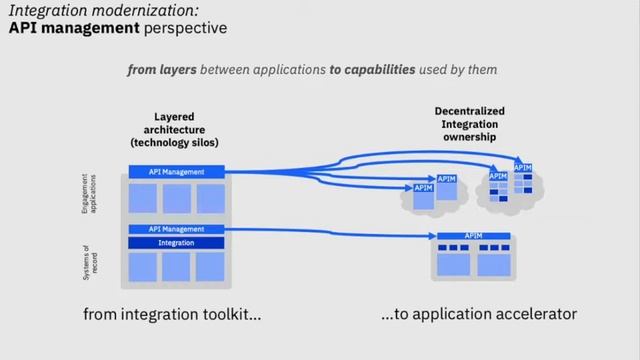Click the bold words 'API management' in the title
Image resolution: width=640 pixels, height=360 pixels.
pyautogui.click(x=70, y=28)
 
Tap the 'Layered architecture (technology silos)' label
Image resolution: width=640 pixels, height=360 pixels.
pyautogui.click(x=174, y=129)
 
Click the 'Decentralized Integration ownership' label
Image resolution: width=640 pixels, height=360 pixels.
pyautogui.click(x=469, y=123)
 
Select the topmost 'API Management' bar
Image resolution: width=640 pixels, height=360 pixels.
pyautogui.click(x=176, y=172)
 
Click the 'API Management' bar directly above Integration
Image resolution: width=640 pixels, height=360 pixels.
pyautogui.click(x=176, y=229)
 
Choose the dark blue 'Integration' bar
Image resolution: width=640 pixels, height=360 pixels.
pyautogui.click(x=176, y=242)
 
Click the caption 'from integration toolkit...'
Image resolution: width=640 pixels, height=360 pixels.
pyautogui.click(x=172, y=314)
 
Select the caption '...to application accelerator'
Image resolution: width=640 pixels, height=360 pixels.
pyautogui.click(x=479, y=314)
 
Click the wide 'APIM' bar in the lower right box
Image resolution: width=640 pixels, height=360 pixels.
pyautogui.click(x=473, y=236)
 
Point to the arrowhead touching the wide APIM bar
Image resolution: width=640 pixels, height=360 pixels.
pyautogui.click(x=433, y=236)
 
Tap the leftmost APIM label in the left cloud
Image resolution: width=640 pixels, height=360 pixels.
pyautogui.click(x=423, y=187)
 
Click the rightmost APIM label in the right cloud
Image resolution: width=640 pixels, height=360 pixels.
pyautogui.click(x=522, y=167)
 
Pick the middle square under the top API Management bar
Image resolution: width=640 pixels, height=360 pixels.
pyautogui.click(x=176, y=198)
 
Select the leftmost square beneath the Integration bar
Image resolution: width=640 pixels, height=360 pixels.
pyautogui.click(x=143, y=266)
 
